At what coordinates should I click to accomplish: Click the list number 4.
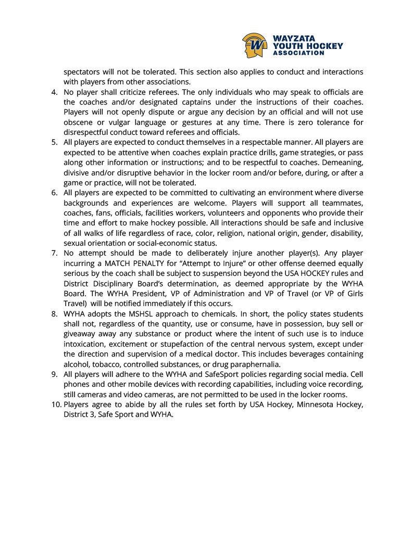click(55, 92)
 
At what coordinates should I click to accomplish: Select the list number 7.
click(55, 253)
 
